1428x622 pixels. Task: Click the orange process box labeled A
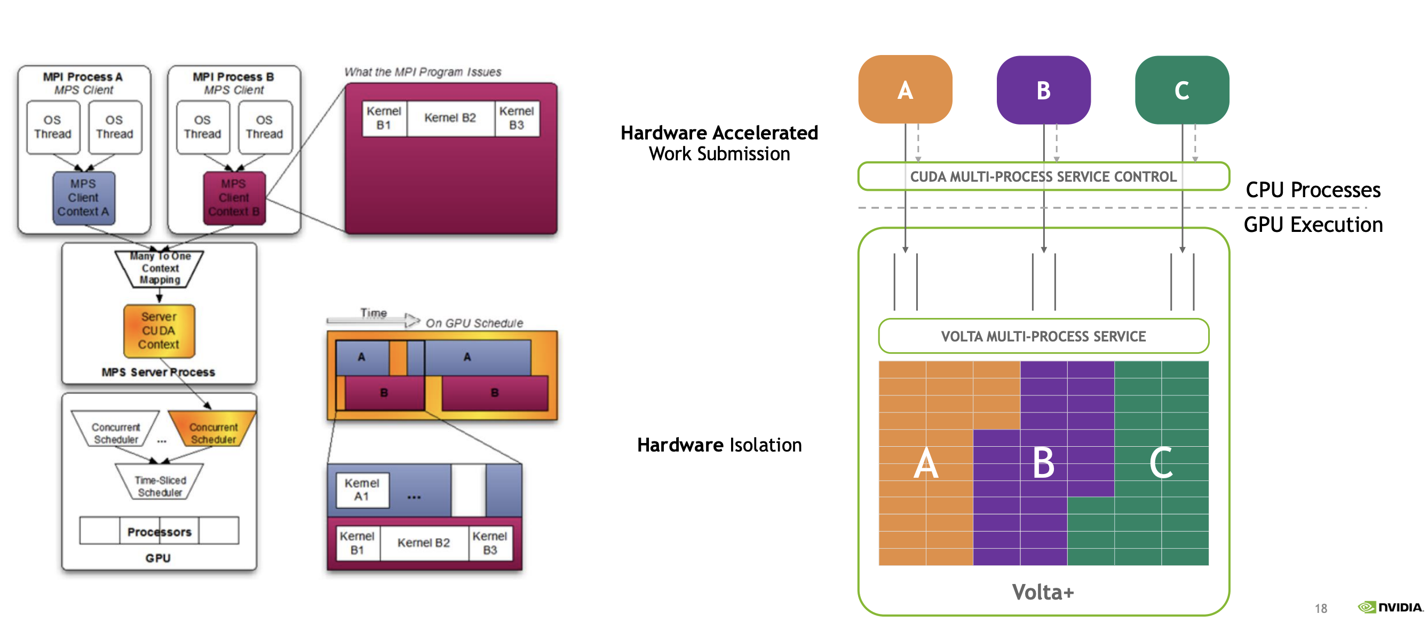click(x=905, y=89)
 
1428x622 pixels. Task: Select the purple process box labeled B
click(x=1043, y=89)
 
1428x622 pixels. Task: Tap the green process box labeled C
click(x=1181, y=89)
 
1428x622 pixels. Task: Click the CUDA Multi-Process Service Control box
click(x=1043, y=176)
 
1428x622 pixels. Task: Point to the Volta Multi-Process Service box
click(x=1043, y=336)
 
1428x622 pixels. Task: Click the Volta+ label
click(x=1043, y=592)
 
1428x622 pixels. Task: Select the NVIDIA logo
click(x=1390, y=607)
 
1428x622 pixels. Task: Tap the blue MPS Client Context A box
click(x=84, y=198)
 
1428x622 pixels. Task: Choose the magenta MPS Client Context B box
click(x=234, y=198)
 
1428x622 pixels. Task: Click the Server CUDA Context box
click(x=159, y=331)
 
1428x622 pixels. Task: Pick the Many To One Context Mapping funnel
click(x=160, y=269)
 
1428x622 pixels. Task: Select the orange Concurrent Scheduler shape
click(x=212, y=429)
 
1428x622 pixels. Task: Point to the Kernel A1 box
click(x=362, y=490)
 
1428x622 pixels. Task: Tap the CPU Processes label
click(x=1313, y=190)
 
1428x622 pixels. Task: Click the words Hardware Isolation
click(x=719, y=445)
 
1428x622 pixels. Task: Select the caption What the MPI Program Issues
click(x=423, y=72)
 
